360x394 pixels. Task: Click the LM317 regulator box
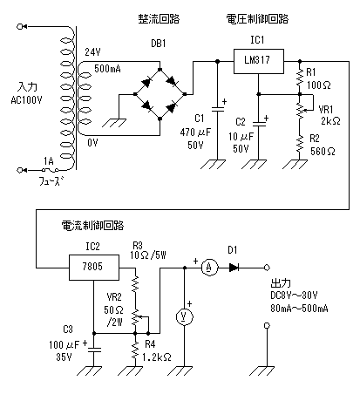tap(259, 61)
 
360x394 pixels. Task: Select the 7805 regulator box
tap(94, 268)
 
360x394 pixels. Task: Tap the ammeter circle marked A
tap(209, 268)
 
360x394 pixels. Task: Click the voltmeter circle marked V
tap(185, 316)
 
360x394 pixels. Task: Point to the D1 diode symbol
tap(234, 268)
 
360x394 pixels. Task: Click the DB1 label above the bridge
tap(159, 44)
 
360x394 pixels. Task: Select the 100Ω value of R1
tap(319, 85)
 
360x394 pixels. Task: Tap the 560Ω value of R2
tap(323, 151)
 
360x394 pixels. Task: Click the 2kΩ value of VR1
tap(330, 121)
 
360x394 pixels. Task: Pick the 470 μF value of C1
tap(195, 132)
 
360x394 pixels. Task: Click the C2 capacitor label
tap(241, 122)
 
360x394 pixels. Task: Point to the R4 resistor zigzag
tap(135, 350)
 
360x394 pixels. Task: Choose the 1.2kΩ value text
tap(157, 357)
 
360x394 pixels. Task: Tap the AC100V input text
tap(26, 100)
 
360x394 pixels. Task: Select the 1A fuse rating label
tap(49, 161)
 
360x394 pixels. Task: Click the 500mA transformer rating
tap(107, 69)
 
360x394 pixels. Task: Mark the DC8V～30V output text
tap(294, 295)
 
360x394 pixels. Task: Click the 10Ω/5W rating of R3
tap(148, 255)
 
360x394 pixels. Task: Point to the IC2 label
tap(92, 247)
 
